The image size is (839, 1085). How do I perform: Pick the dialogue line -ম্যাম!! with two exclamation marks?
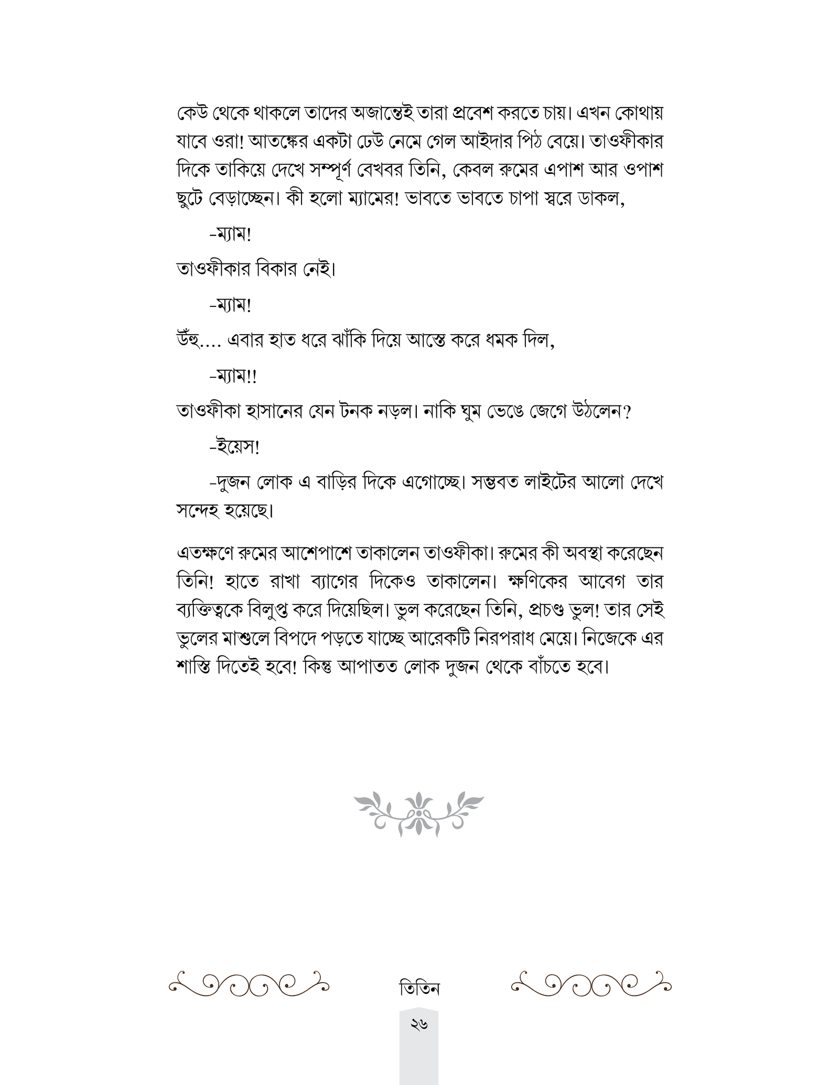pyautogui.click(x=233, y=377)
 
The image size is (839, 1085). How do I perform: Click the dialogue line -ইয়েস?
pyautogui.click(x=234, y=448)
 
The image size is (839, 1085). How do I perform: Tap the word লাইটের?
pyautogui.click(x=545, y=483)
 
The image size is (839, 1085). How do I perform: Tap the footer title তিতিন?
pyautogui.click(x=419, y=988)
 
